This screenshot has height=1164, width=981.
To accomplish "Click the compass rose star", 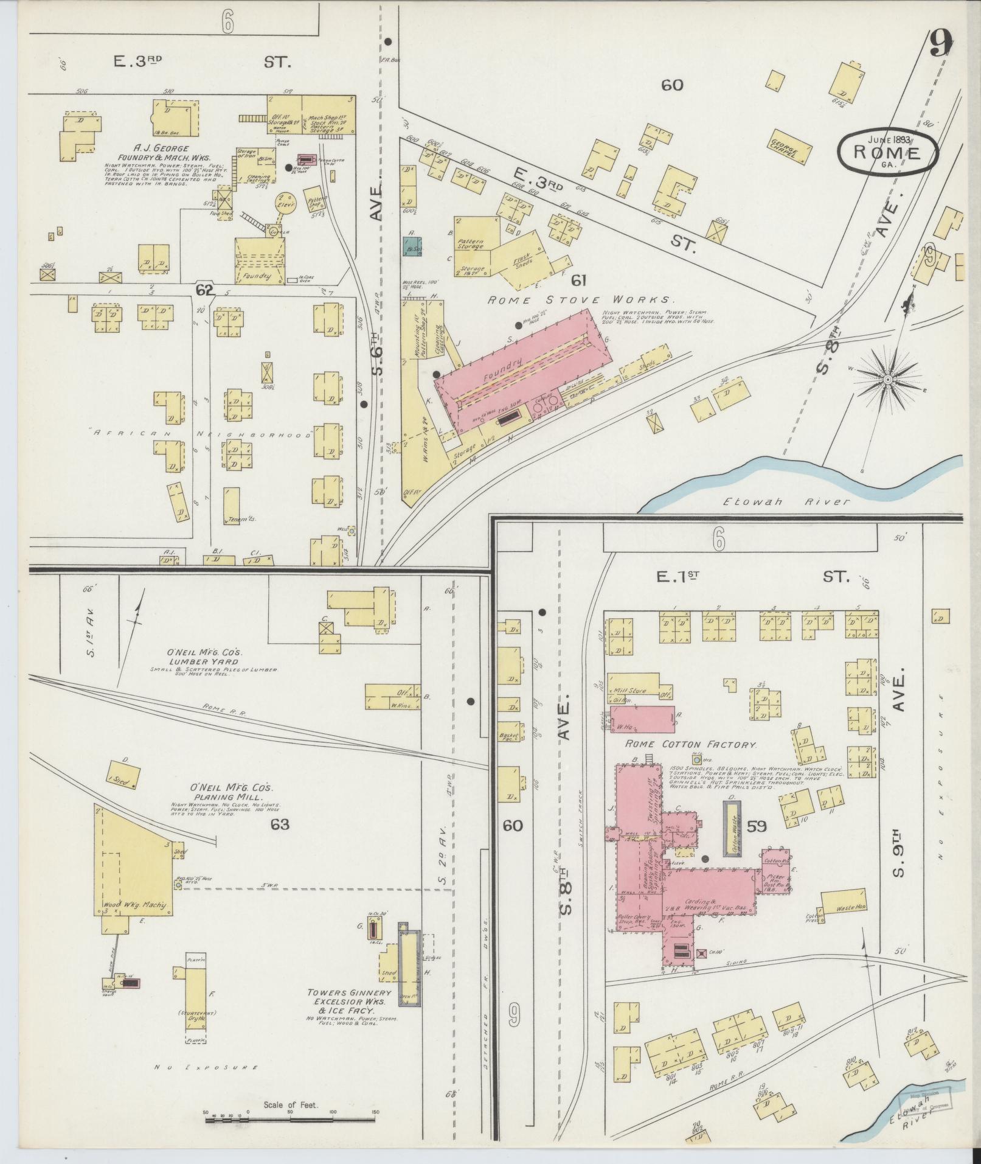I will click(x=887, y=380).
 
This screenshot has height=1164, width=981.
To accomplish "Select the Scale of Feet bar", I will click(x=290, y=1118).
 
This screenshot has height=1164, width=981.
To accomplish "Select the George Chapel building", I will click(x=791, y=147).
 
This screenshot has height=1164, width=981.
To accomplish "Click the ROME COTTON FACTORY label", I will click(x=691, y=744).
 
